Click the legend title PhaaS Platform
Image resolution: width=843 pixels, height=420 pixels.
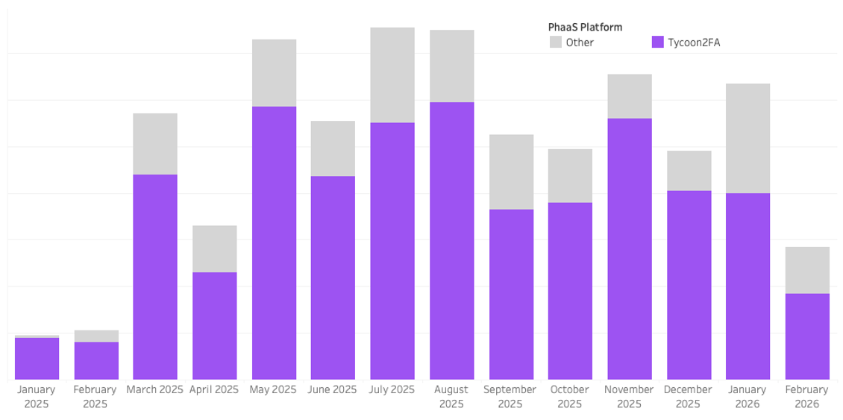coord(585,27)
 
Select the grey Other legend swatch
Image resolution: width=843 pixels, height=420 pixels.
coord(556,43)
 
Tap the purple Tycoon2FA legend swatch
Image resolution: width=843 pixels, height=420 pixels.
coord(657,43)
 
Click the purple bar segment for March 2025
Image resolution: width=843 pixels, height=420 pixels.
coord(155,277)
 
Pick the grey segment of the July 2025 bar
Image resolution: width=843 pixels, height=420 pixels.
coord(392,75)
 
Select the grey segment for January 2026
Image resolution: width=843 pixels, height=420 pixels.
coord(748,138)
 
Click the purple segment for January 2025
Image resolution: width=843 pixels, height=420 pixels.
coord(37,359)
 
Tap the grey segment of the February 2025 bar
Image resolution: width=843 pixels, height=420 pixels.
coord(96,336)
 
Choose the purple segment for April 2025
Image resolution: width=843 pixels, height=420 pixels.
coord(215,326)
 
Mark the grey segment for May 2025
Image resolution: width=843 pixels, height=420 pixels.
coord(274,72)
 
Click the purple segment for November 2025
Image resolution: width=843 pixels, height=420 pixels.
coord(629,248)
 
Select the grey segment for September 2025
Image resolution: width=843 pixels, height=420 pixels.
coord(511,172)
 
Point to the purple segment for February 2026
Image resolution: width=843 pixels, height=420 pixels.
coord(807,336)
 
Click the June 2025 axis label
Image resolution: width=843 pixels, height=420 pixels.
coord(333,389)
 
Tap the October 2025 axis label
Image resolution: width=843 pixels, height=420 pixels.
coord(570,396)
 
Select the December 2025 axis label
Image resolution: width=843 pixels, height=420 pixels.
coord(688,396)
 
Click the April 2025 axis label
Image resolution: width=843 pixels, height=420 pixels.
coord(214,389)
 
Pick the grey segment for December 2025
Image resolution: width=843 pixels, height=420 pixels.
coord(689,171)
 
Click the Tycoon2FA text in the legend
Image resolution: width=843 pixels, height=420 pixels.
coord(694,43)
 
